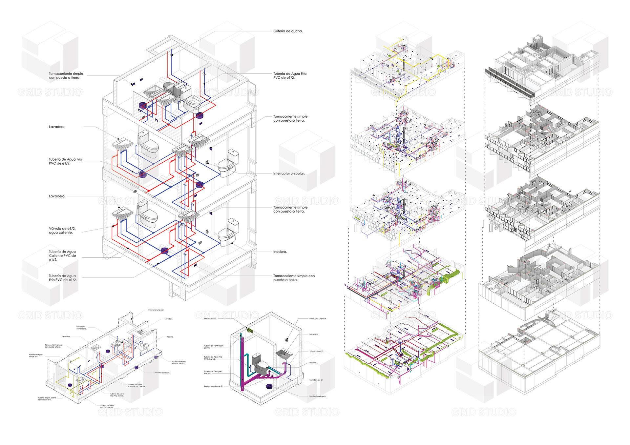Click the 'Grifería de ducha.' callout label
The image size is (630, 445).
click(288, 31)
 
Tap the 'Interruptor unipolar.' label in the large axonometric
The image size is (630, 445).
click(289, 173)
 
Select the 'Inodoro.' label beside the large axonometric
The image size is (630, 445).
click(280, 252)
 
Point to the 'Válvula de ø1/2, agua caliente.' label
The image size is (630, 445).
click(62, 231)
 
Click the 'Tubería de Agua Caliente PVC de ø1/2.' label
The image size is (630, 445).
click(62, 256)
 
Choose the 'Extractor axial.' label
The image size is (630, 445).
click(210, 318)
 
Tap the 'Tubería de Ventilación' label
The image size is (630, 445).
click(214, 347)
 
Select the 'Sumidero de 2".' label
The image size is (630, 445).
click(316, 380)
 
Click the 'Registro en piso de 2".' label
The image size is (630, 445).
click(213, 386)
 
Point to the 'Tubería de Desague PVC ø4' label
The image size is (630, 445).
click(213, 373)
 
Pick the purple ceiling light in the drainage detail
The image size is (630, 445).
click(269, 386)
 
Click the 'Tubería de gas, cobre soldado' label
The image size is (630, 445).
click(47, 399)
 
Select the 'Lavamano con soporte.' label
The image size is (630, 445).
click(81, 328)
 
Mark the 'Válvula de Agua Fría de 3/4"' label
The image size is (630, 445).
click(35, 355)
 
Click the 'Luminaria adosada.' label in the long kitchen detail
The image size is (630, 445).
click(161, 373)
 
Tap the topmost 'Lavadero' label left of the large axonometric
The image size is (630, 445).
click(57, 127)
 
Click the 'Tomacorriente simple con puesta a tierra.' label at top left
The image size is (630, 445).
click(66, 76)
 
